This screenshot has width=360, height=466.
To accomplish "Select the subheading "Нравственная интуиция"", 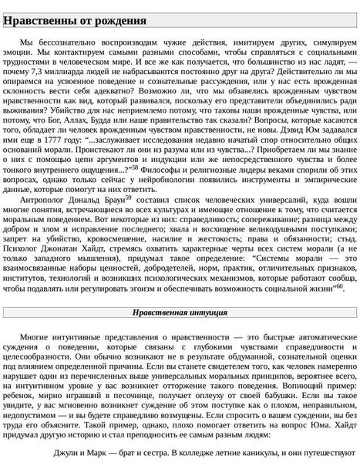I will (x=180, y=313).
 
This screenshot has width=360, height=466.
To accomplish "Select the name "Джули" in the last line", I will (x=68, y=453).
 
